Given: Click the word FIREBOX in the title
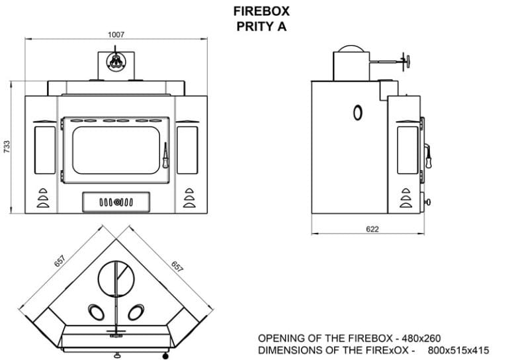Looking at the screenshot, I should [x=261, y=11].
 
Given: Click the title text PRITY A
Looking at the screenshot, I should [x=261, y=26].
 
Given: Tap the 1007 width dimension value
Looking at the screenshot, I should [x=116, y=34].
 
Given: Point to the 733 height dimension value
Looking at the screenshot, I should [x=7, y=147].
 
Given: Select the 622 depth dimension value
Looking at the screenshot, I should [x=372, y=230].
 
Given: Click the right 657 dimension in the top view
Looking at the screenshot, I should [x=177, y=267].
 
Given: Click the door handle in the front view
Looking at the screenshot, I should [x=165, y=156].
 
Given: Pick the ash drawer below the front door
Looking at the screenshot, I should [x=116, y=202].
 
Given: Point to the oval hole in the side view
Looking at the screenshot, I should [x=357, y=112].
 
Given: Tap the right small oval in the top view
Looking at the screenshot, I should [x=138, y=310].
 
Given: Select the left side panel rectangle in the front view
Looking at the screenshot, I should [x=45, y=150].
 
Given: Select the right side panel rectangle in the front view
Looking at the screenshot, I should [x=188, y=150].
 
